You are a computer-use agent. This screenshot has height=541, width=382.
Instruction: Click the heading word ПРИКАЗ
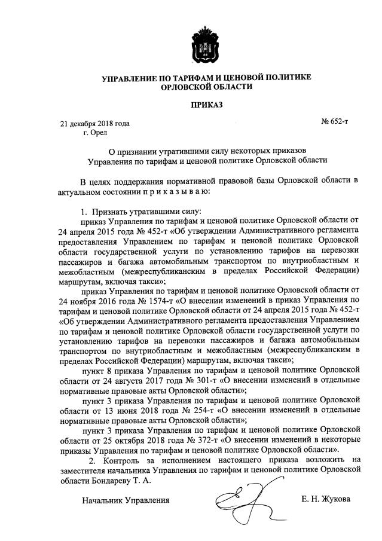207,105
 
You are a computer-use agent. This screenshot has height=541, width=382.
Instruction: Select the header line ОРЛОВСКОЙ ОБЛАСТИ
207,86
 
